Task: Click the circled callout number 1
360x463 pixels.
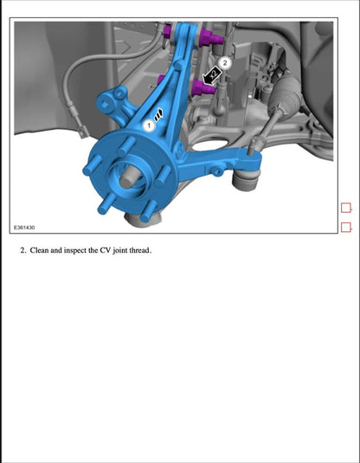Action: click(x=149, y=125)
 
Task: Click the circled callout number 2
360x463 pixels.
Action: click(x=225, y=62)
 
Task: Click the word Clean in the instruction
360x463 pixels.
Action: click(x=41, y=250)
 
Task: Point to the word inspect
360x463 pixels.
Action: click(x=84, y=250)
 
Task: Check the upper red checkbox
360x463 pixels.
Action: click(x=346, y=208)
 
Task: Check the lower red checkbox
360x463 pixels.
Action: click(x=346, y=228)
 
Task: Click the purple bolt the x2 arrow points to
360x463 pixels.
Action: click(x=208, y=89)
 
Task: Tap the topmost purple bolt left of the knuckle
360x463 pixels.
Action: click(x=165, y=34)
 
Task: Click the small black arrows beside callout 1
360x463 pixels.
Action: click(x=160, y=114)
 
